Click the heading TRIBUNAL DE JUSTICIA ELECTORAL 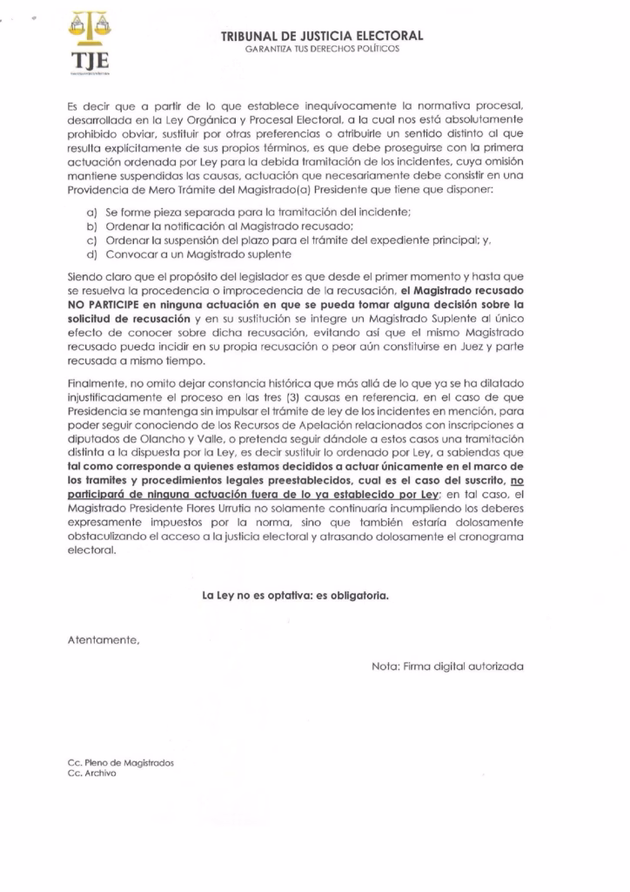(322, 36)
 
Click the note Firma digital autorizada (447, 666)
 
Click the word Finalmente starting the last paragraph (97, 382)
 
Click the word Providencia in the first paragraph (99, 189)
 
